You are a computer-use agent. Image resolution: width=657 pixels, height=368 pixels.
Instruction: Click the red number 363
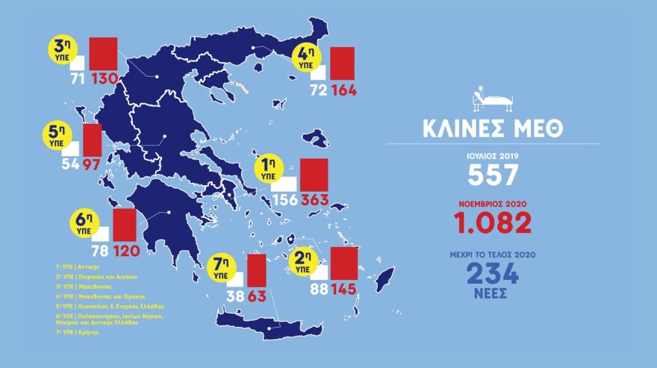[314, 199]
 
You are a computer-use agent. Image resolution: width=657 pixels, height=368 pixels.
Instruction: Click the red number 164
[341, 91]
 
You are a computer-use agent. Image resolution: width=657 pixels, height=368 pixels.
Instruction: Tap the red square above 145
[344, 262]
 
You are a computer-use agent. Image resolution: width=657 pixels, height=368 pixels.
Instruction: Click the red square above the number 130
[104, 53]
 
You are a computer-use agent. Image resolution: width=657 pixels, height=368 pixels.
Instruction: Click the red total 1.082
[493, 222]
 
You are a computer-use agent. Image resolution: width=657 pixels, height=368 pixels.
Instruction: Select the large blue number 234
[493, 272]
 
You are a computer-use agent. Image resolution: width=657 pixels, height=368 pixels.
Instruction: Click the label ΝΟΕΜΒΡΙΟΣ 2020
[493, 202]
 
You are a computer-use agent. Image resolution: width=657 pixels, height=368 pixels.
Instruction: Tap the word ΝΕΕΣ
[493, 293]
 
